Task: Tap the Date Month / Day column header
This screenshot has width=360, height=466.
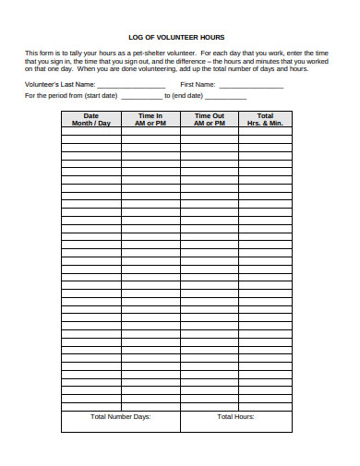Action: click(x=90, y=119)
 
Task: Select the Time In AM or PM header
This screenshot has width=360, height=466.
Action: click(x=150, y=119)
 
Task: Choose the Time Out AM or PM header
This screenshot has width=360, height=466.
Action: click(x=209, y=119)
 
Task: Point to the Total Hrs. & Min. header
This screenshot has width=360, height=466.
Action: click(x=265, y=119)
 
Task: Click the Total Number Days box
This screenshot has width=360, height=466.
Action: click(x=120, y=421)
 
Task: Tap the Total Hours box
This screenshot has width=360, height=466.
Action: click(x=236, y=421)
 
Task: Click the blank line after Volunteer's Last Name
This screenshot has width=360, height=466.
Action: click(x=133, y=84)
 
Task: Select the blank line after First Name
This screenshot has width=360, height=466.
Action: click(x=246, y=84)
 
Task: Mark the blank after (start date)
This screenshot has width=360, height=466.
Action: click(x=140, y=96)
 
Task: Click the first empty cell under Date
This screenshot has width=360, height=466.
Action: click(x=90, y=132)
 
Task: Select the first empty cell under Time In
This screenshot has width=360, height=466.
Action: click(x=150, y=132)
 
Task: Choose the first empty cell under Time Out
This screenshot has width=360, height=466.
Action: click(x=209, y=132)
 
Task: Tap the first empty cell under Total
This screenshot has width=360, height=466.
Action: click(x=265, y=132)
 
